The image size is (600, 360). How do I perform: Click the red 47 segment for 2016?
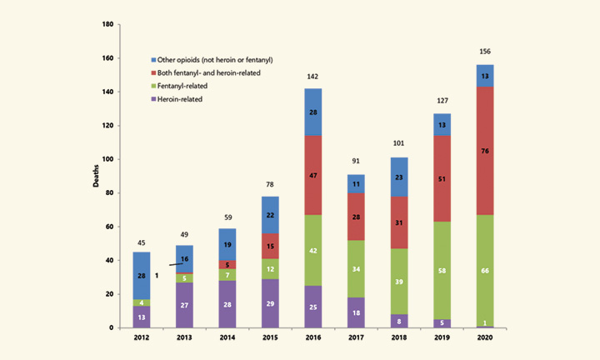[x=313, y=177]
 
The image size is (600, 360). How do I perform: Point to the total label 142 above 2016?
[x=313, y=76]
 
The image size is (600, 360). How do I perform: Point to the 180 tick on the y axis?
[x=107, y=24]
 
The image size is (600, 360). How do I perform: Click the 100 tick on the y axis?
[x=107, y=159]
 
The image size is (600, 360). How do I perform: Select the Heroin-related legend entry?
[x=178, y=98]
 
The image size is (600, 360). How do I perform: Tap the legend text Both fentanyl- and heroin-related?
[x=205, y=72]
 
